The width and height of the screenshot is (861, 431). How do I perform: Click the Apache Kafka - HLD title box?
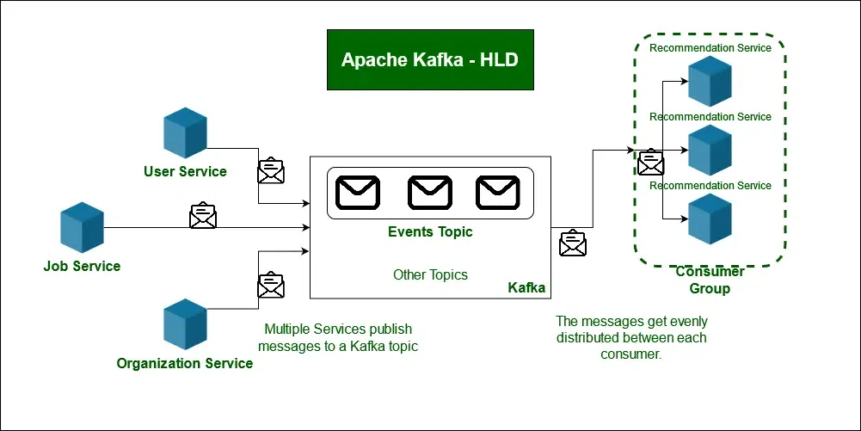pyautogui.click(x=430, y=59)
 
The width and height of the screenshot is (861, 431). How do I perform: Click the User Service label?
pyautogui.click(x=185, y=171)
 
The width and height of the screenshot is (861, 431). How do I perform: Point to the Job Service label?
pyautogui.click(x=82, y=266)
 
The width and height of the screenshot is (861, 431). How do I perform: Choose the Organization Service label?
pyautogui.click(x=185, y=363)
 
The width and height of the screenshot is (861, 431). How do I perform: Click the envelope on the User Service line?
pyautogui.click(x=271, y=170)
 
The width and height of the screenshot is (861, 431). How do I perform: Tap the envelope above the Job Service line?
pyautogui.click(x=203, y=215)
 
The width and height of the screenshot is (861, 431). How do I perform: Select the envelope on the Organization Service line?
pyautogui.click(x=271, y=285)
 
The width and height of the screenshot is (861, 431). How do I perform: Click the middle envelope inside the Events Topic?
pyautogui.click(x=430, y=193)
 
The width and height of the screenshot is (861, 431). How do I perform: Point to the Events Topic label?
pyautogui.click(x=430, y=231)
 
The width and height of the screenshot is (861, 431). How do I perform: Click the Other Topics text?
pyautogui.click(x=430, y=275)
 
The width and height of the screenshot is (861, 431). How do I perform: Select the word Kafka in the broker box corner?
pyautogui.click(x=526, y=287)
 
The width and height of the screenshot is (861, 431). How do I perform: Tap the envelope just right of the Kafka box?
pyautogui.click(x=572, y=243)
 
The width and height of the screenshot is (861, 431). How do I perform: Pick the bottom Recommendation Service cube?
pyautogui.click(x=710, y=219)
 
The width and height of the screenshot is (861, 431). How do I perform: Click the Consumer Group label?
pyautogui.click(x=710, y=280)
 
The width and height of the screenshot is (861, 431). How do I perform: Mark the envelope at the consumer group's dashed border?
pyautogui.click(x=651, y=162)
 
